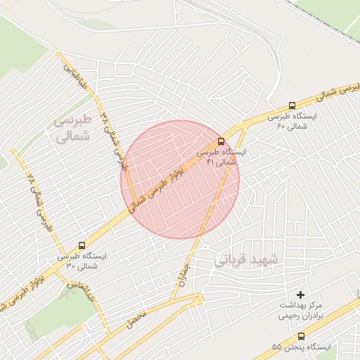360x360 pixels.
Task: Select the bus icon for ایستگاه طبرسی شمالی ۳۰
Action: coord(83,246)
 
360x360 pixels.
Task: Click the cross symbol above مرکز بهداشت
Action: coord(302,294)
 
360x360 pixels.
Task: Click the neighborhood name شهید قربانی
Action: coord(246,259)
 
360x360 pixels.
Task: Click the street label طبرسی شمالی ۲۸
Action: coord(39,204)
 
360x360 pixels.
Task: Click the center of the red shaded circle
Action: coord(180,179)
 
